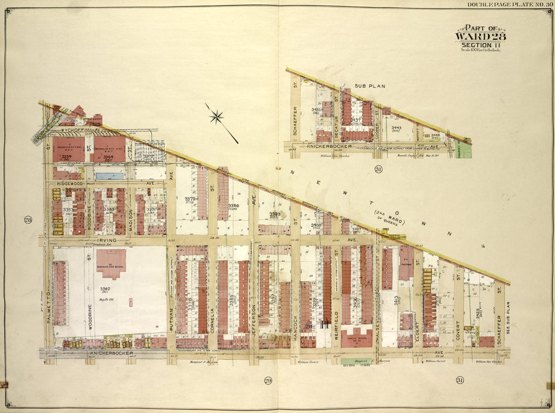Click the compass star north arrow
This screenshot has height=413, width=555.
217,115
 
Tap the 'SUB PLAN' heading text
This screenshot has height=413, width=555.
368,86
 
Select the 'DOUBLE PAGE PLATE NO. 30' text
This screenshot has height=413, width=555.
510,5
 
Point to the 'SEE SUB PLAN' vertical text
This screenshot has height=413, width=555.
508,320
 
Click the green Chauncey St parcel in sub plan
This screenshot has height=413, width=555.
465,150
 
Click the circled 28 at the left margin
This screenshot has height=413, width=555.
27,220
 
